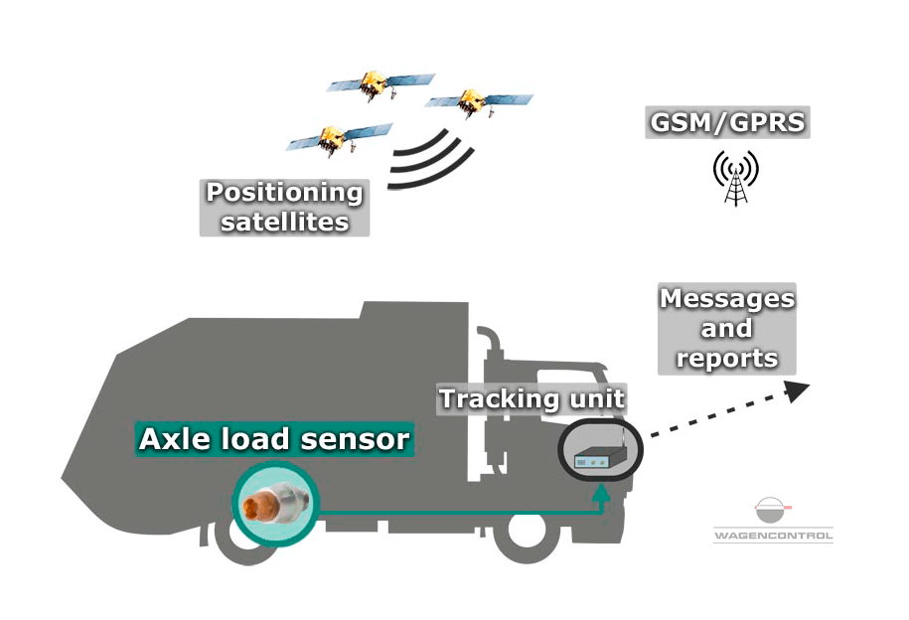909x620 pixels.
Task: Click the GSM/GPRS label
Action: point(727,122)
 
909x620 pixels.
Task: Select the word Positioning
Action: point(284,193)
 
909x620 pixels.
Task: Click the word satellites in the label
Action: point(285,223)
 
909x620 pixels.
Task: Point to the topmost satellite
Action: point(379,84)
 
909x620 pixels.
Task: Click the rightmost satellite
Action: point(478,103)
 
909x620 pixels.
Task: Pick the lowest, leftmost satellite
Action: point(339,139)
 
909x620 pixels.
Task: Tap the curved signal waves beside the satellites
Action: point(431,160)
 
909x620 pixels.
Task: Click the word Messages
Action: point(727,299)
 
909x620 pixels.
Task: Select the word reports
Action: point(727,358)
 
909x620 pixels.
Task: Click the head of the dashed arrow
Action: point(797,390)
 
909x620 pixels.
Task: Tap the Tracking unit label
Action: point(531,398)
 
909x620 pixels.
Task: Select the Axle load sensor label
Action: point(274,439)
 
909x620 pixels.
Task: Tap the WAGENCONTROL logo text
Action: point(773,536)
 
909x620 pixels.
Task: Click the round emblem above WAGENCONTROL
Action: point(772,511)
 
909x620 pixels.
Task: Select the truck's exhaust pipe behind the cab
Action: point(491,372)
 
